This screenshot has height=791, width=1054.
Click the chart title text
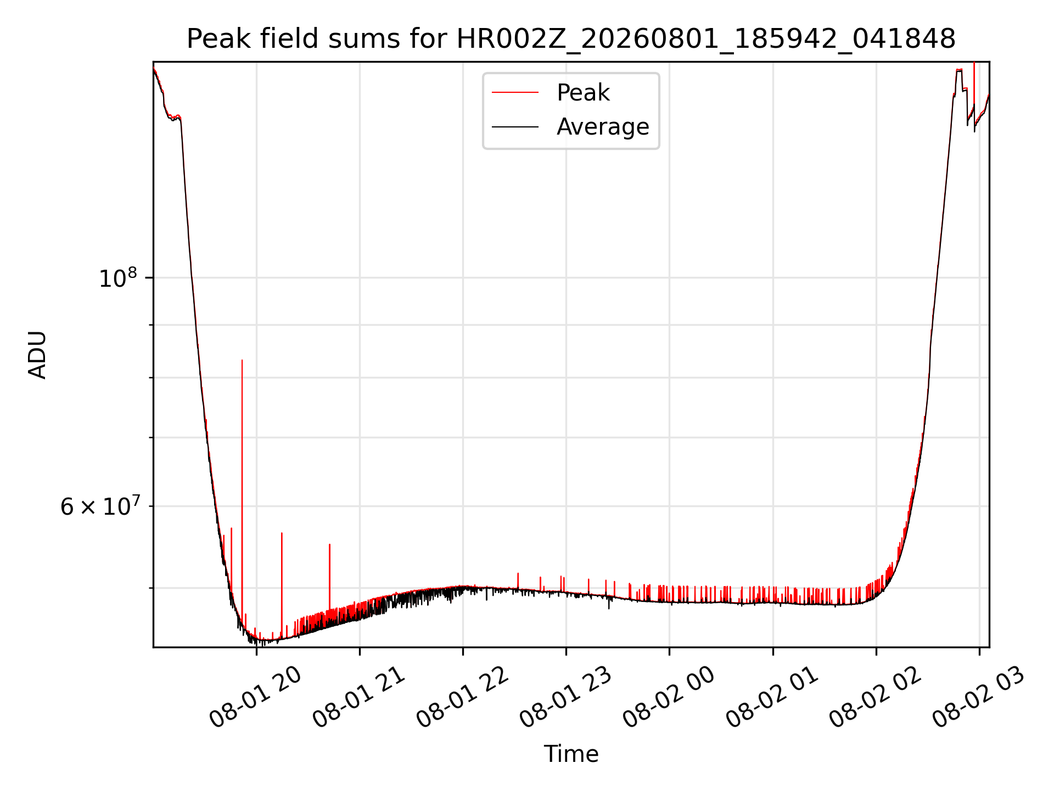571,39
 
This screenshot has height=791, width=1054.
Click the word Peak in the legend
583,92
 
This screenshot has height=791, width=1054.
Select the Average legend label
603,127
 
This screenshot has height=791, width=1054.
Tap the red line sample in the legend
515,92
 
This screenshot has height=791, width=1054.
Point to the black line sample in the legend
515,127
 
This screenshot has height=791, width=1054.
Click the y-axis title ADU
37,354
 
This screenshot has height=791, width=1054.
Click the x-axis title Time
571,754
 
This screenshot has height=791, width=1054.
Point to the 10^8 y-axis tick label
117,277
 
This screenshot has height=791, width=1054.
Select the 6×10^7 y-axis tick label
99,505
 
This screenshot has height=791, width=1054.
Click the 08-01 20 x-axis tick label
256,698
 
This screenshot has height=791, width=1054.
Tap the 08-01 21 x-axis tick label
359,698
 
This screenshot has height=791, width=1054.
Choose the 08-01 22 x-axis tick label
463,698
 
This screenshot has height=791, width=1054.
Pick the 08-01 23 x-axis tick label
566,698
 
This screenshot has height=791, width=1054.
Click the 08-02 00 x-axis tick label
669,698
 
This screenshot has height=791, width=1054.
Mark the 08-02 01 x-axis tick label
772,698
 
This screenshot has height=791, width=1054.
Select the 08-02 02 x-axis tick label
876,698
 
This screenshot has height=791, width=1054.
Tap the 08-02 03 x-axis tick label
979,698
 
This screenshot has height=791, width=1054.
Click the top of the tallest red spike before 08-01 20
242,360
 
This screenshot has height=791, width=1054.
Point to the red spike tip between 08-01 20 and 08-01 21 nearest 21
329,544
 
